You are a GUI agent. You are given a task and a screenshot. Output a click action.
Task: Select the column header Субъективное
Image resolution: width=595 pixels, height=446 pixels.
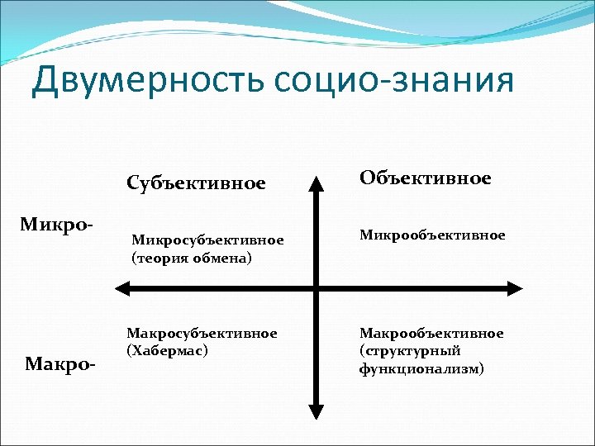coord(196,183)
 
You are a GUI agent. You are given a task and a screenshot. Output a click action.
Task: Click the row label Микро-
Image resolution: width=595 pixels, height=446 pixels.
coord(56,225)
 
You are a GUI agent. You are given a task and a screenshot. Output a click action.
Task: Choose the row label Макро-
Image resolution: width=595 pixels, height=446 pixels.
coord(59,363)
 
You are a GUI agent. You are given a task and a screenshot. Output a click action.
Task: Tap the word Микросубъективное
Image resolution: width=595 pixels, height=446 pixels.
coord(207,240)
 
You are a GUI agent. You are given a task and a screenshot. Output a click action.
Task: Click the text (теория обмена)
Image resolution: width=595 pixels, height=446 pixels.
coord(192,258)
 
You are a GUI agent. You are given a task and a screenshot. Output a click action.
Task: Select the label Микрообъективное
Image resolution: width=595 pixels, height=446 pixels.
coord(431,235)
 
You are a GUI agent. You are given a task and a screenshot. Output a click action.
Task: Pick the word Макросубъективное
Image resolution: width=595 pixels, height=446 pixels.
coord(201,333)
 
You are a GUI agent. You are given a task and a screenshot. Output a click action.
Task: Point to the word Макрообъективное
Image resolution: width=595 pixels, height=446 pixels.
coord(431,333)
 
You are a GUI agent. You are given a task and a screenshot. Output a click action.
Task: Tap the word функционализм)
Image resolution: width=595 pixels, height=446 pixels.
coord(421,368)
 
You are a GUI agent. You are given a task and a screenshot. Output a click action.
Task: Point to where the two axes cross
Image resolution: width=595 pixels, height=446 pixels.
coord(316,288)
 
